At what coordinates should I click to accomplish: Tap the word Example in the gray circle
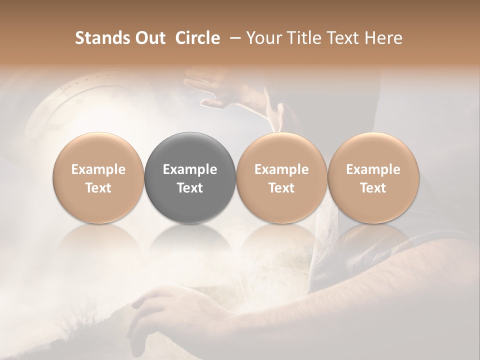click(x=189, y=169)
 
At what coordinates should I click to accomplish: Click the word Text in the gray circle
click(x=189, y=188)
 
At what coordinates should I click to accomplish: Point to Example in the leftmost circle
click(x=98, y=169)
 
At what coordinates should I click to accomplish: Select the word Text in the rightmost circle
click(x=373, y=188)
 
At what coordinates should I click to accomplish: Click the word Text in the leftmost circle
click(x=98, y=188)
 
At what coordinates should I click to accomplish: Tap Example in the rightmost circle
click(x=373, y=169)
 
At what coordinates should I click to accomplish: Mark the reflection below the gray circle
click(x=189, y=240)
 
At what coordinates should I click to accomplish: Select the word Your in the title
click(x=263, y=38)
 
